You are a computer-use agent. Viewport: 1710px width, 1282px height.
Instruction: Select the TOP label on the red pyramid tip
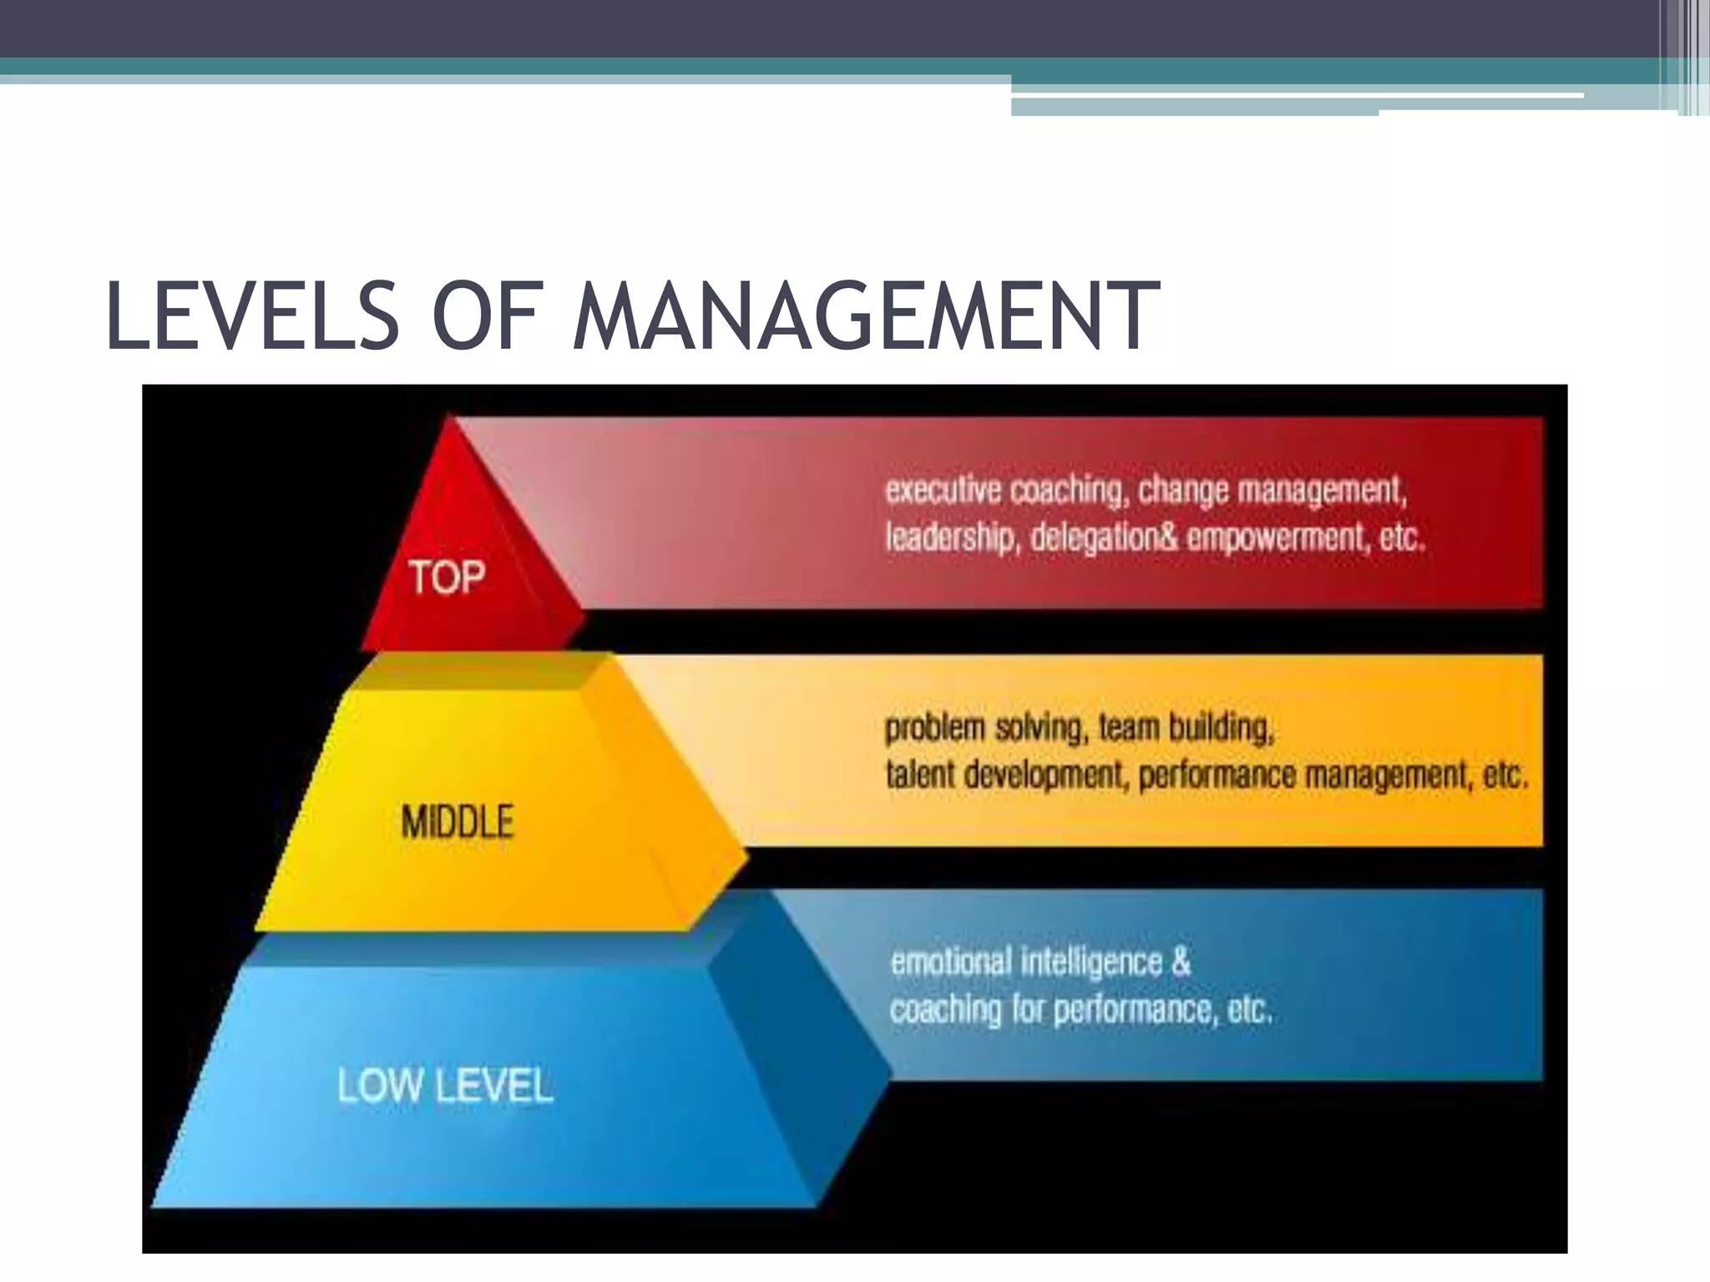pyautogui.click(x=447, y=578)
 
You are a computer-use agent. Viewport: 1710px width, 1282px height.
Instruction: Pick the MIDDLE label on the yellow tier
pyautogui.click(x=458, y=821)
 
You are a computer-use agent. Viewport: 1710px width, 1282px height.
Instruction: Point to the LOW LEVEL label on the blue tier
pyautogui.click(x=445, y=1087)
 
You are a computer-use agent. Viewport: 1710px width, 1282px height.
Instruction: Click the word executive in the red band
pyautogui.click(x=943, y=490)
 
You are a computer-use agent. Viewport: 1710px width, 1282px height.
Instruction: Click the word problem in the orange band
pyautogui.click(x=935, y=729)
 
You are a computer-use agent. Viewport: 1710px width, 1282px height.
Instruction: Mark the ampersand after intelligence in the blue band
pyautogui.click(x=1180, y=961)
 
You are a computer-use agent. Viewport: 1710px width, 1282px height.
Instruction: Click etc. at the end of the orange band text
pyautogui.click(x=1505, y=775)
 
